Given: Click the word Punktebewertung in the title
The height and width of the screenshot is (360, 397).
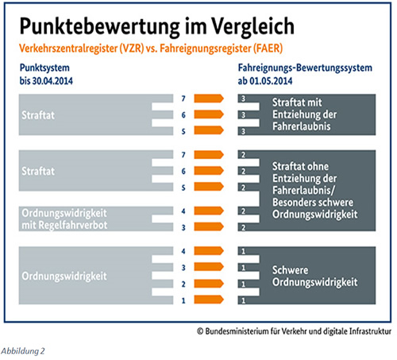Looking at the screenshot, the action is point(99,26).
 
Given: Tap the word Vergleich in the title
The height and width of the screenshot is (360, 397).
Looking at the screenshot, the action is point(252,26).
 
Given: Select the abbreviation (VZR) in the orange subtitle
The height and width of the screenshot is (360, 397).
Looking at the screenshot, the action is point(132,48).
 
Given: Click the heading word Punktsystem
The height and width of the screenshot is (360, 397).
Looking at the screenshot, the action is point(44,68).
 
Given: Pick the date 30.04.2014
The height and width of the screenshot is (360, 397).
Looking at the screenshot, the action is point(52,81).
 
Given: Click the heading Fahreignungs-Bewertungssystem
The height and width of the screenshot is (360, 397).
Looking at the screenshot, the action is point(305,68).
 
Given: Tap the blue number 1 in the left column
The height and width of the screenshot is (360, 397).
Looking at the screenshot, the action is point(183,300).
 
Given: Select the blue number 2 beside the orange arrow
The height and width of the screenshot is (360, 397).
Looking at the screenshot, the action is point(183,285).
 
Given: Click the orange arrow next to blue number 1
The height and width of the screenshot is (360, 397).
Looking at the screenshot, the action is point(209,300).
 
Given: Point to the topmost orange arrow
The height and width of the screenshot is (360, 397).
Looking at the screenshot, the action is point(209,99).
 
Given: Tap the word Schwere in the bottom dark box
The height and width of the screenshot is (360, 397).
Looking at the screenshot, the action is point(290,270).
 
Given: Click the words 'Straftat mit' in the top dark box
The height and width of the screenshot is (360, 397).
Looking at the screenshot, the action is point(297,103).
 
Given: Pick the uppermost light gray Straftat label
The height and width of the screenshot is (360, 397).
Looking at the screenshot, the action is point(38,115).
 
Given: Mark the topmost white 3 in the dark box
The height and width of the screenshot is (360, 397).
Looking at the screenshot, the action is point(243,99).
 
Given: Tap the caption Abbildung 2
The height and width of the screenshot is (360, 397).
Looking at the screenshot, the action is point(23,351).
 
